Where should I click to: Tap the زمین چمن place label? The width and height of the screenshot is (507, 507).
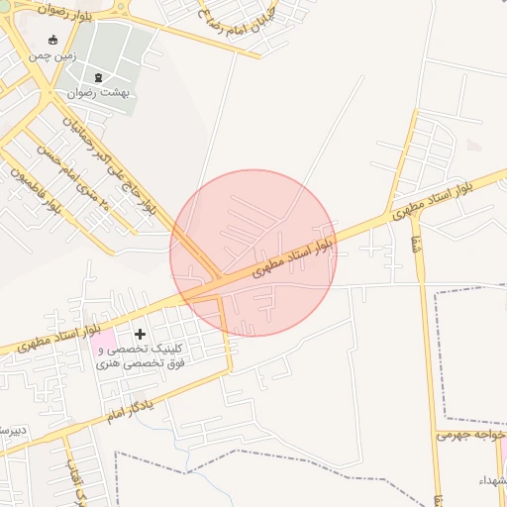tap(51, 57)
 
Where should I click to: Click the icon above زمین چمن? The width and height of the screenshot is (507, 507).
tap(52, 41)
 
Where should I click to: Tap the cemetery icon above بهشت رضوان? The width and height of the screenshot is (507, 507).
tap(97, 77)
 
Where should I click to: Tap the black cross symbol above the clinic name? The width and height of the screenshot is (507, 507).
tap(140, 335)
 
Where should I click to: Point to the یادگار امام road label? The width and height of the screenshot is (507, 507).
tap(132, 408)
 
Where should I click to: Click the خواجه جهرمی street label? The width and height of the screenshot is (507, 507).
tap(470, 435)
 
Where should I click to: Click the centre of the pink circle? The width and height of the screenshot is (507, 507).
tap(253, 253)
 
